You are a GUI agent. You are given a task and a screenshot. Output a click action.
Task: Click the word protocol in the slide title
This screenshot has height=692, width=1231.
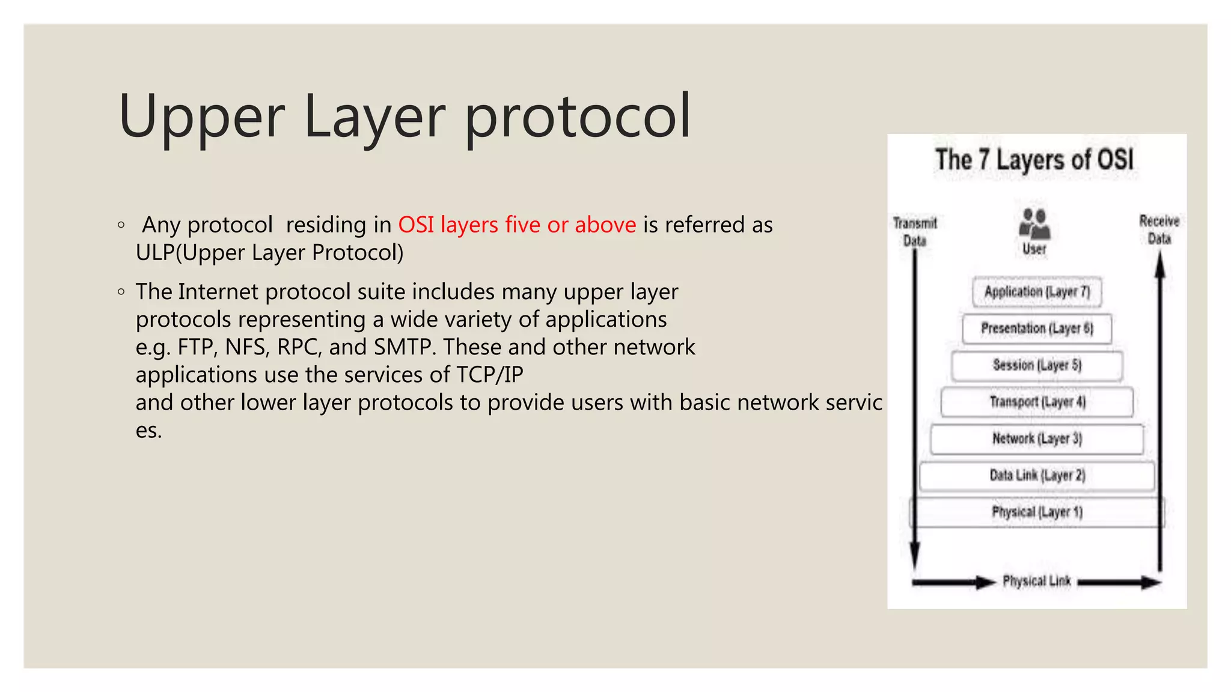[578, 117]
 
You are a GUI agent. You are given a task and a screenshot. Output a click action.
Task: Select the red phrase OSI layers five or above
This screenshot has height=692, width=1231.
[517, 225]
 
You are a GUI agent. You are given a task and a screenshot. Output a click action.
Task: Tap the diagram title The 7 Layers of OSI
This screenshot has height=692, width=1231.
[1034, 160]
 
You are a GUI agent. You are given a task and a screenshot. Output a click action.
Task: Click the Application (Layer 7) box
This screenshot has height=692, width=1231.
[1037, 292]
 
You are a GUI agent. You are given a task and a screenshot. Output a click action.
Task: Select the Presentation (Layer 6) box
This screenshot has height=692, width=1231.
[1037, 329]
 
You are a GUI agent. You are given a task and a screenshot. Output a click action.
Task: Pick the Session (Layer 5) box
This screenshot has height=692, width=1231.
[1037, 365]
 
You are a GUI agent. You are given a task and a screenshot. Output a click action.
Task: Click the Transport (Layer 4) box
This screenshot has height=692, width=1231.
[1037, 402]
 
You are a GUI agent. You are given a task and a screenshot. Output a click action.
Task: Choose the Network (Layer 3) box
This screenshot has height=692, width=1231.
[1037, 439]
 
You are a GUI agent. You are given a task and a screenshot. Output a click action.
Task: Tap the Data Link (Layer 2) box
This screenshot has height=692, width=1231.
[1037, 476]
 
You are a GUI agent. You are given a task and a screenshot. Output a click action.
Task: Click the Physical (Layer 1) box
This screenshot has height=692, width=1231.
[1037, 512]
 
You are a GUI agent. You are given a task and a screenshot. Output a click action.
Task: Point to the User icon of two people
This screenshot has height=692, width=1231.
[1034, 223]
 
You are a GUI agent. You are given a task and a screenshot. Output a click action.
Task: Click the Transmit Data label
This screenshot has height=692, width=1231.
[915, 232]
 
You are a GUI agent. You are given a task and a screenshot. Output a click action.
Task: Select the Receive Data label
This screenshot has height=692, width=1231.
[1159, 229]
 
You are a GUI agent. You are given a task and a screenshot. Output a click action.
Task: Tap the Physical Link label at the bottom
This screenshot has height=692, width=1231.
[1036, 581]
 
